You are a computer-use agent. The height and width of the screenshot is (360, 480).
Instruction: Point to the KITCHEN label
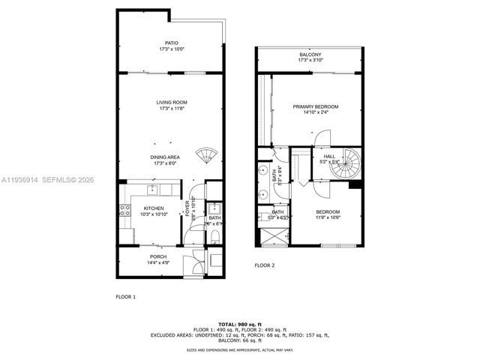(x=154, y=210)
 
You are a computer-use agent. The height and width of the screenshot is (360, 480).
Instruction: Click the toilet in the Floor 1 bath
(x=214, y=237)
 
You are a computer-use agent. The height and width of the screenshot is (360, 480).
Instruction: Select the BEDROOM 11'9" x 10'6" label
(x=327, y=214)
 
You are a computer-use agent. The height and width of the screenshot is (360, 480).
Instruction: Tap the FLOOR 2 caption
(x=264, y=265)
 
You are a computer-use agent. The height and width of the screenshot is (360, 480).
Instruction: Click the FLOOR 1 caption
(x=125, y=297)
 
